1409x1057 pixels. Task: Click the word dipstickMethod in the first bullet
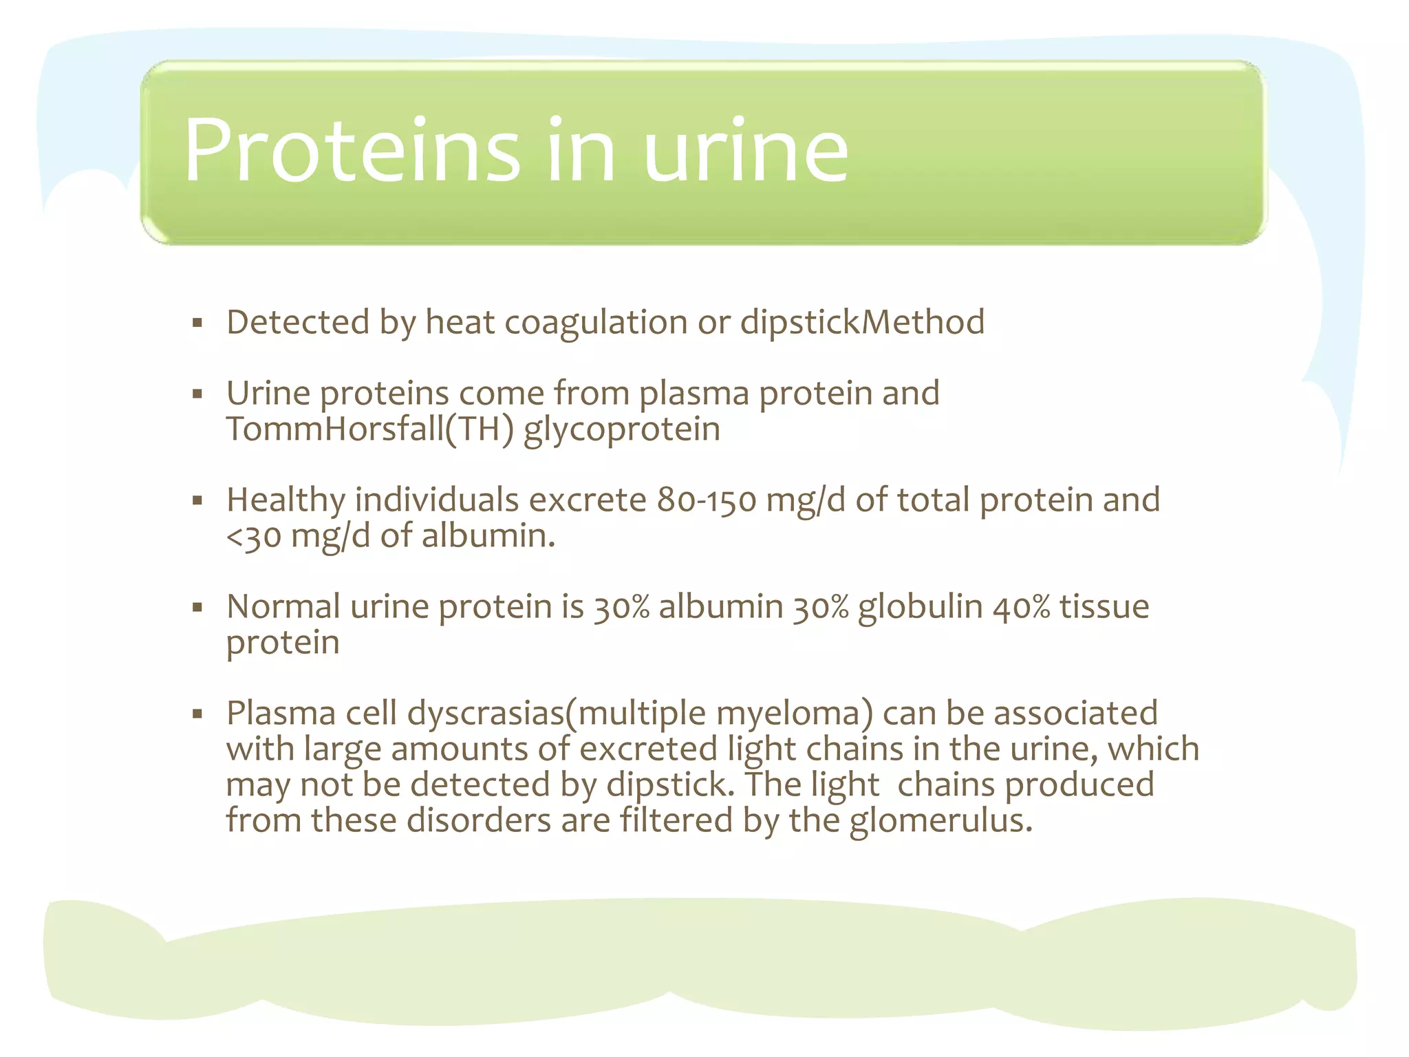[862, 323]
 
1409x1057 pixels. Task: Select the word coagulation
[596, 323]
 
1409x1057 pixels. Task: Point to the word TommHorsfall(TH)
[369, 429]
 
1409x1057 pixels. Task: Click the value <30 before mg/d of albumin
[253, 536]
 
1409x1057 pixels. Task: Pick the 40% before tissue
[1021, 607]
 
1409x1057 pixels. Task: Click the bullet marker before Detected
[197, 322]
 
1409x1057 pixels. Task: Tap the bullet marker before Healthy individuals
[197, 500]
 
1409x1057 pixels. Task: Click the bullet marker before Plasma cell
[197, 714]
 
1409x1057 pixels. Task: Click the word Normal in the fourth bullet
[283, 607]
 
